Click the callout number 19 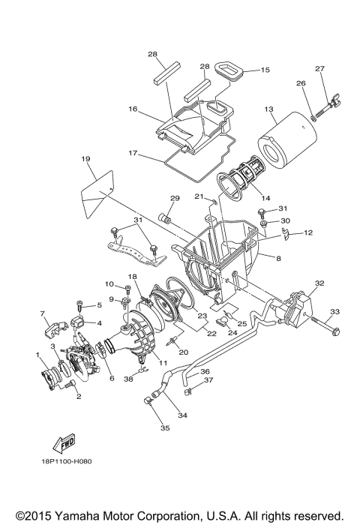85,159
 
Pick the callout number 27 320,70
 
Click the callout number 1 37,353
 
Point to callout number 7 43,313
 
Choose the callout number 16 133,109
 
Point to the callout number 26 301,83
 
